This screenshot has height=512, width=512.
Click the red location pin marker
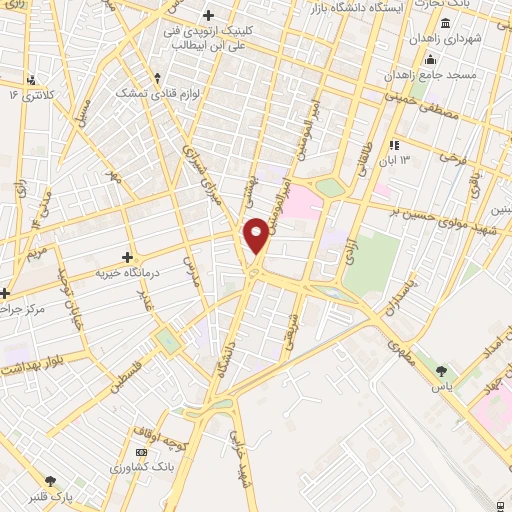(256, 235)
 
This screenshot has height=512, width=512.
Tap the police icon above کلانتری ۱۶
(32, 79)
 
